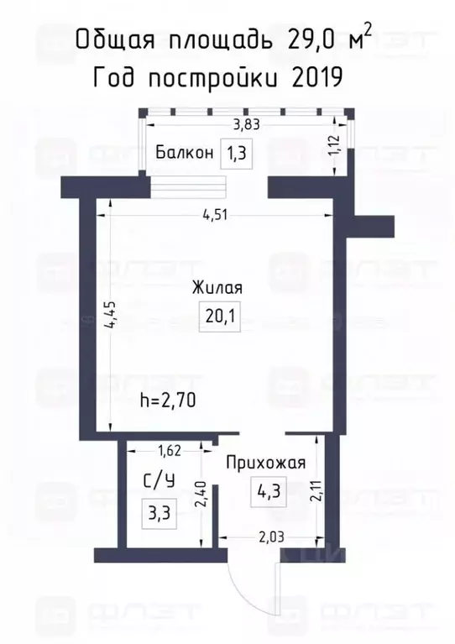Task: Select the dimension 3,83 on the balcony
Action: pos(245,125)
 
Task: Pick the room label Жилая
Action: pos(217,288)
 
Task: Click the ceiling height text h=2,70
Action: pos(170,401)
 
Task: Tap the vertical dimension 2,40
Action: pos(201,495)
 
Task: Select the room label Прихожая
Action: pos(264,462)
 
